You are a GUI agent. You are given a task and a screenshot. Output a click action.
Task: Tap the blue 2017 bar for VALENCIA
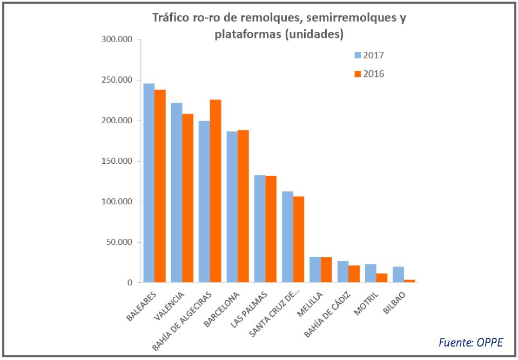click(177, 192)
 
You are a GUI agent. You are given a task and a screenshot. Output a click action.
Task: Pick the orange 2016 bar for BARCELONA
click(243, 206)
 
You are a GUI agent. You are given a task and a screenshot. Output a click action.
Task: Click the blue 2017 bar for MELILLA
click(315, 269)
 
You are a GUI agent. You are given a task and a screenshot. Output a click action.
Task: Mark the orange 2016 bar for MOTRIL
click(382, 278)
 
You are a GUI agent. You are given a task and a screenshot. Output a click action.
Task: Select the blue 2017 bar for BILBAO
click(398, 275)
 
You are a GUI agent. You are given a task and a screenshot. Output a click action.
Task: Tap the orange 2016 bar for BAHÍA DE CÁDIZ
click(354, 274)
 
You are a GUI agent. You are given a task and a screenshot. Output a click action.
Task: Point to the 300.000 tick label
click(117, 40)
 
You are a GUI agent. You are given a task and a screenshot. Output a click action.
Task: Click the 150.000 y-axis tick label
click(117, 161)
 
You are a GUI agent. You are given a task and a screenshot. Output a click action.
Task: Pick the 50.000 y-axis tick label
click(119, 242)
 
